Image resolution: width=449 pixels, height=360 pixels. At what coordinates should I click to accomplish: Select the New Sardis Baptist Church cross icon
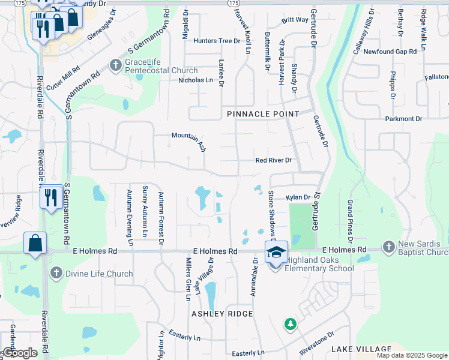tap(389, 246)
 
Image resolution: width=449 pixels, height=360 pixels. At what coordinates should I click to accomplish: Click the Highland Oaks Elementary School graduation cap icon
tap(276, 252)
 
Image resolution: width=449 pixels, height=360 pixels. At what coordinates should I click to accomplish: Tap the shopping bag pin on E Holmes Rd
tap(35, 244)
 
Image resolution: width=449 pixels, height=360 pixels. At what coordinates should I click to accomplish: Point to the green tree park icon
tap(291, 324)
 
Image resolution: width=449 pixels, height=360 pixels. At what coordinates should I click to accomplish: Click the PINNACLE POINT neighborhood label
tap(263, 114)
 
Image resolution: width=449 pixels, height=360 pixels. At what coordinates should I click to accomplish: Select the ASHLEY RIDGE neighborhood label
tap(222, 314)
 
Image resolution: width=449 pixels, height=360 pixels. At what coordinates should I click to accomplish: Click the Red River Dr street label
tap(273, 160)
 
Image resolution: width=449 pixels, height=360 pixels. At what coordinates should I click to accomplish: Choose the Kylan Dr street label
tap(298, 197)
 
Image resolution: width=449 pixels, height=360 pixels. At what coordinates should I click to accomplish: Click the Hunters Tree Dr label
tap(217, 41)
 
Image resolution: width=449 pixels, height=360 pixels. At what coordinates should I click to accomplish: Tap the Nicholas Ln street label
tap(196, 80)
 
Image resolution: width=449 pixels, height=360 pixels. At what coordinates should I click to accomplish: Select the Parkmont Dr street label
tap(405, 119)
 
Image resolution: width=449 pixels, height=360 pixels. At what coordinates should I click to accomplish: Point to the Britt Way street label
tap(295, 20)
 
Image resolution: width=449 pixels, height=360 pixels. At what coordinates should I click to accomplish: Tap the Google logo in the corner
tap(20, 353)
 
